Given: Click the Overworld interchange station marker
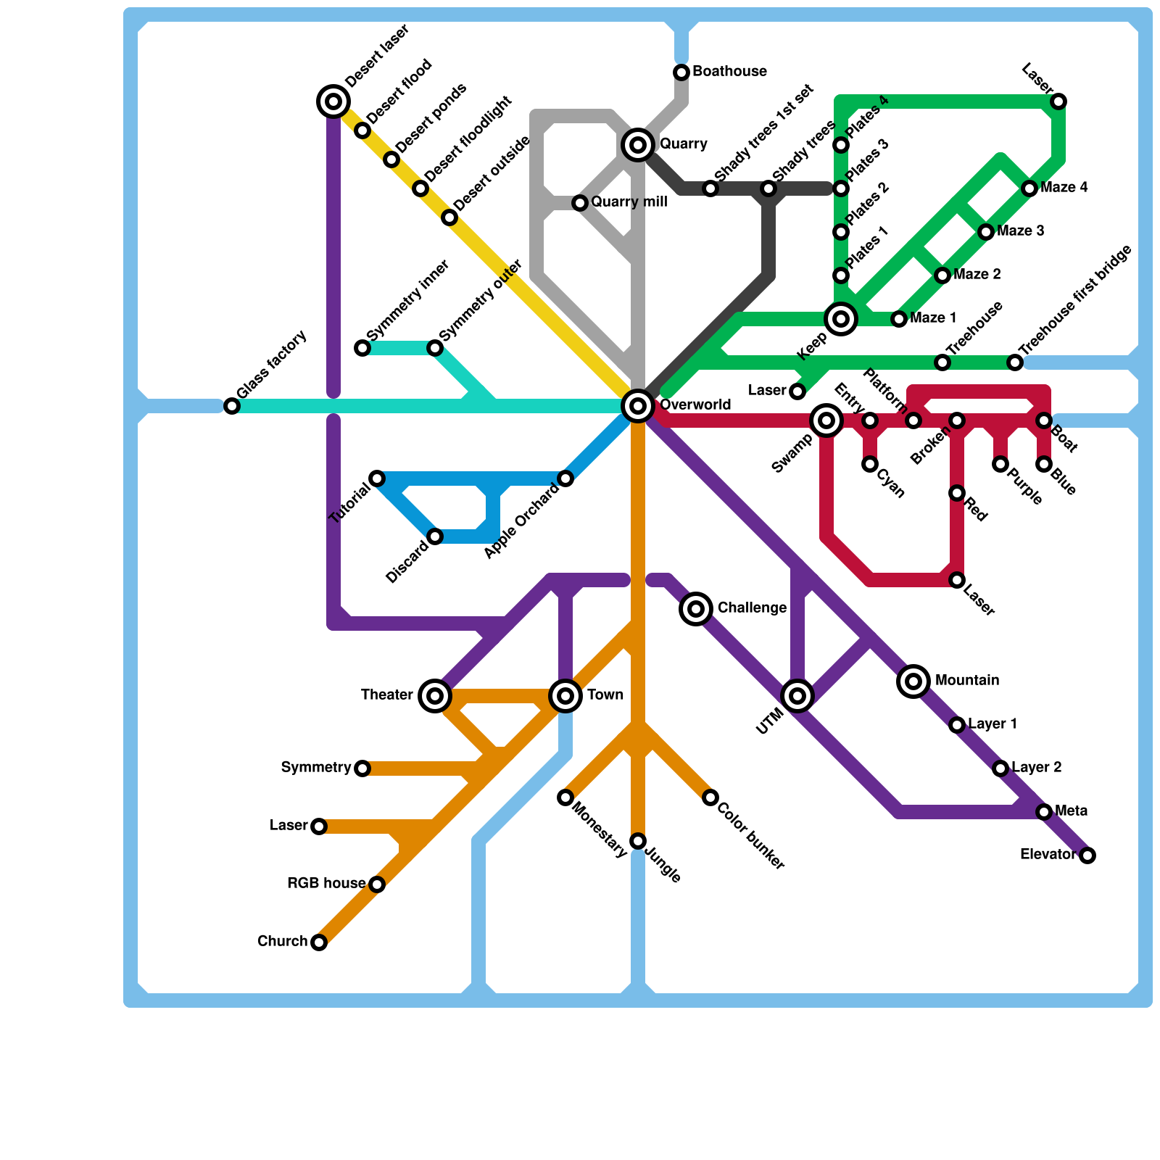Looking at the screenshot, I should pyautogui.click(x=638, y=406).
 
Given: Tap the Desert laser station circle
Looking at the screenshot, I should pyautogui.click(x=333, y=101).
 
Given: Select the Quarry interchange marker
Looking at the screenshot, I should pyautogui.click(x=638, y=145).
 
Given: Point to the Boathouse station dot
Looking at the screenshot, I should pyautogui.click(x=681, y=72).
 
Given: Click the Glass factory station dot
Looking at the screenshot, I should pyautogui.click(x=232, y=406).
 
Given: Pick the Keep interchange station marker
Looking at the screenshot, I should pyautogui.click(x=841, y=319).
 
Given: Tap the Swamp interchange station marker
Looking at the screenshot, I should pyautogui.click(x=826, y=420).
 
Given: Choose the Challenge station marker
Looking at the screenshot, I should pyautogui.click(x=696, y=609).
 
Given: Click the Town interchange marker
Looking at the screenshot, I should pyautogui.click(x=565, y=696).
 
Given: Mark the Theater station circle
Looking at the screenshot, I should pyautogui.click(x=435, y=696).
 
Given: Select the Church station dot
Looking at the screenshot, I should pyautogui.click(x=319, y=942).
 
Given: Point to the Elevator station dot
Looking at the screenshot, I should pyautogui.click(x=1087, y=855).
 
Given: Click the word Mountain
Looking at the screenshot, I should pyautogui.click(x=967, y=681).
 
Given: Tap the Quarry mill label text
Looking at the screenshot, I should pyautogui.click(x=629, y=202).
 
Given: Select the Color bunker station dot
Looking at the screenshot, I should pyautogui.click(x=710, y=797).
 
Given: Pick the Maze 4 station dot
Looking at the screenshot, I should pyautogui.click(x=1029, y=188).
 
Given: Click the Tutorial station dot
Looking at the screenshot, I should pyautogui.click(x=377, y=478).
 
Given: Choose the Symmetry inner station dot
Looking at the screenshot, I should pyautogui.click(x=362, y=348).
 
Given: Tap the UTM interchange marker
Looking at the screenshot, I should pyautogui.click(x=797, y=696).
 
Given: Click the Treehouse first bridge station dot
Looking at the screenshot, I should pyautogui.click(x=1015, y=362).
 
